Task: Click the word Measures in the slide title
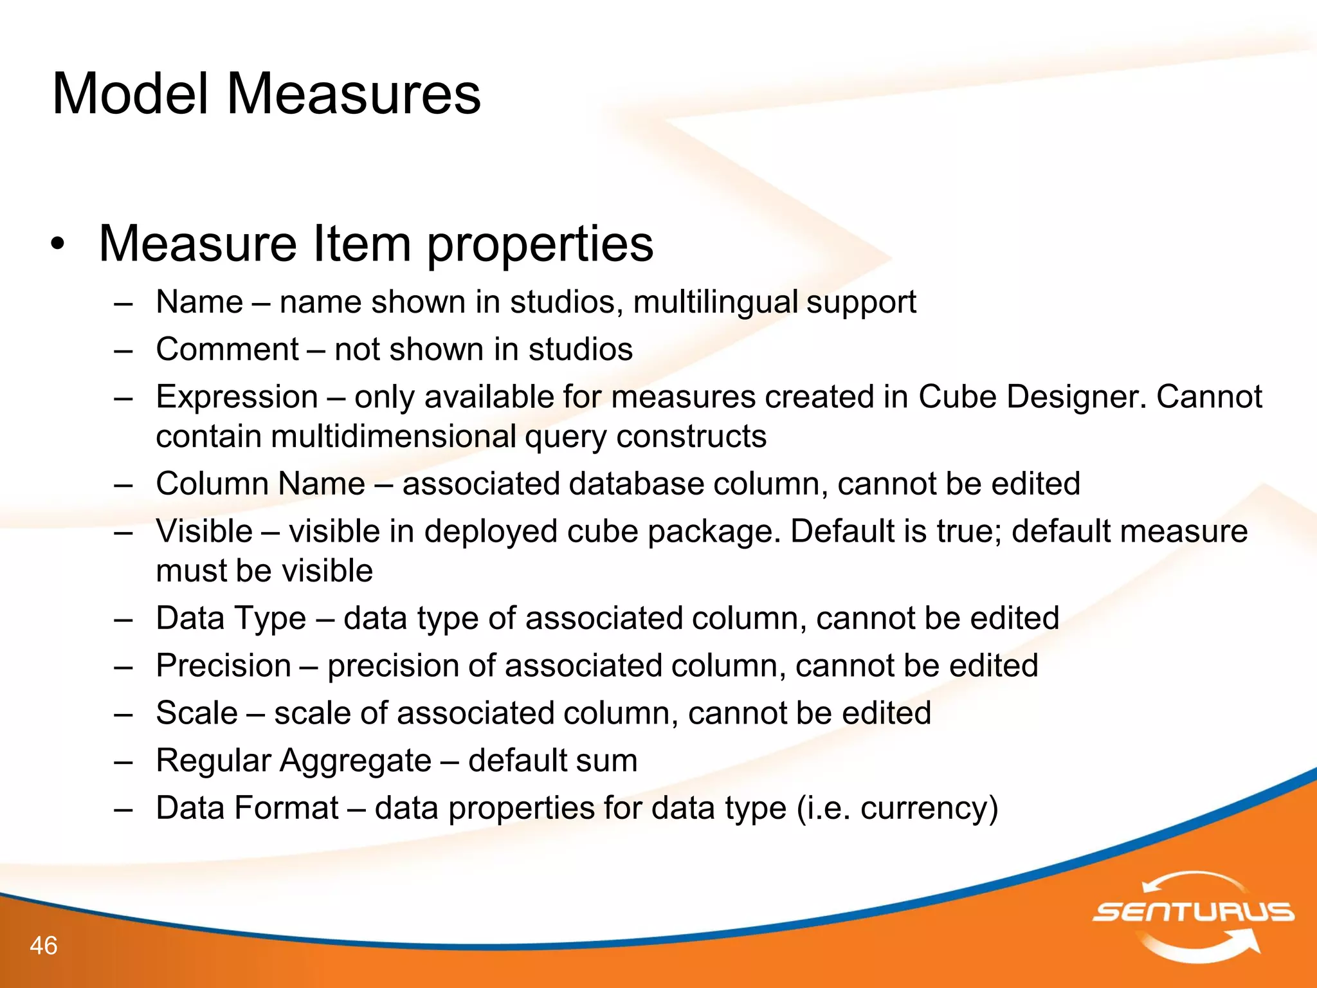(x=353, y=95)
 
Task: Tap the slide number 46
(x=44, y=946)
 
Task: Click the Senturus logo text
(x=1194, y=911)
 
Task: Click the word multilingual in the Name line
(x=715, y=302)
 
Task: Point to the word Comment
(x=227, y=350)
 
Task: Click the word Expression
(x=237, y=397)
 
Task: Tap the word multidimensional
(x=393, y=437)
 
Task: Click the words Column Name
(x=260, y=484)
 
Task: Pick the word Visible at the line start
(x=204, y=531)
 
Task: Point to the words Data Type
(x=231, y=618)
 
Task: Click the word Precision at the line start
(x=223, y=666)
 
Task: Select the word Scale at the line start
(x=197, y=713)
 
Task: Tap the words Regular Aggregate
(x=293, y=761)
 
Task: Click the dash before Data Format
(x=123, y=809)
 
